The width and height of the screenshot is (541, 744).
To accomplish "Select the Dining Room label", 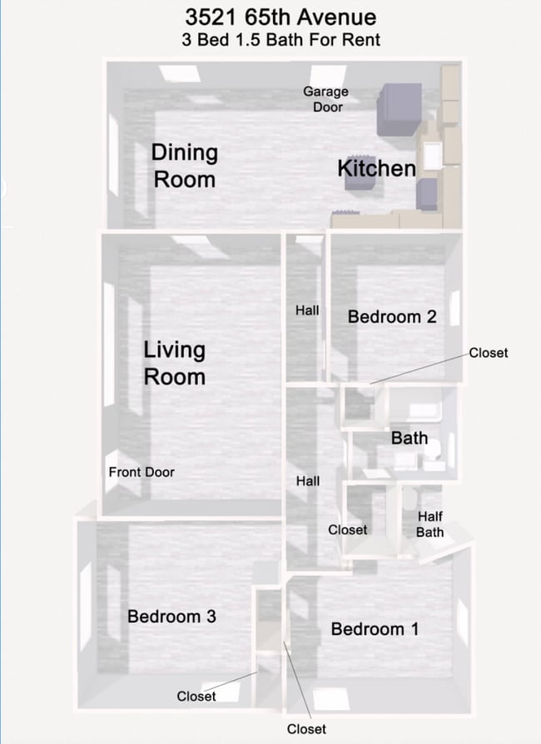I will tap(184, 166).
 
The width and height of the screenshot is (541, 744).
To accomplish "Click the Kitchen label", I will tap(376, 168).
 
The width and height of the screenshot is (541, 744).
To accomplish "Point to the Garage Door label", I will tap(325, 99).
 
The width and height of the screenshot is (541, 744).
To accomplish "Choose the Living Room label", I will tap(174, 363).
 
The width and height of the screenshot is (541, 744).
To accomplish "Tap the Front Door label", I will tap(141, 472).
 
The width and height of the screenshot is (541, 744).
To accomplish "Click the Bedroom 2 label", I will tap(392, 316).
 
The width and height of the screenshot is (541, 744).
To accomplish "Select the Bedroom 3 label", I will tap(171, 616).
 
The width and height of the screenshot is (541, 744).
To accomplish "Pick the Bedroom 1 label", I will tap(375, 628).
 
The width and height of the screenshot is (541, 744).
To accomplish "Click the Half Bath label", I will tap(430, 524).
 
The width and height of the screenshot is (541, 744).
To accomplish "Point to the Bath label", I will tap(409, 438).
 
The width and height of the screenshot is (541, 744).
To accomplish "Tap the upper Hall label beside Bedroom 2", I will tap(307, 310).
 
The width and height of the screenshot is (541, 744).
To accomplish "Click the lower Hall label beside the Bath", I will tap(308, 481).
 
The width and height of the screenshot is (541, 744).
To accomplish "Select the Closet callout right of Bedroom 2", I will tap(488, 353).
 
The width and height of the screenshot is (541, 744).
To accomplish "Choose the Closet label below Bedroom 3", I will tap(196, 696).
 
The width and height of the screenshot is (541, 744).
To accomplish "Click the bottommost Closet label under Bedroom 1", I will tap(306, 729).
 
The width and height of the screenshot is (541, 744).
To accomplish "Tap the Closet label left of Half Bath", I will tap(347, 529).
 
